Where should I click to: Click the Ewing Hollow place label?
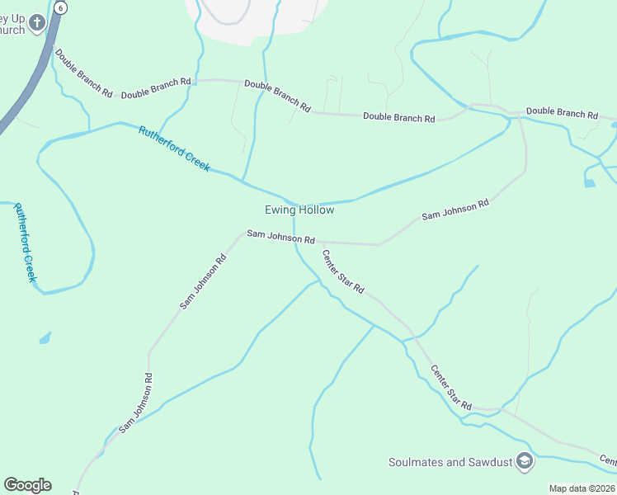click(x=299, y=210)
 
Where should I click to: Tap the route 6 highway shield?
click(x=60, y=7)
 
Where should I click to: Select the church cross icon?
click(x=36, y=24)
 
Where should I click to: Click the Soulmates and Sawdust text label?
click(x=451, y=462)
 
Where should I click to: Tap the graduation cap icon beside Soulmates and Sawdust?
click(x=524, y=462)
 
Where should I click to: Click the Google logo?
click(x=27, y=485)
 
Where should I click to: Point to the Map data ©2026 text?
click(x=582, y=488)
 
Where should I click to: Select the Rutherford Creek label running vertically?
click(x=25, y=243)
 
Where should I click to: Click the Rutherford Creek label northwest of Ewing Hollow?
click(x=174, y=148)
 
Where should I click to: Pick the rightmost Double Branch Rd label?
click(x=562, y=112)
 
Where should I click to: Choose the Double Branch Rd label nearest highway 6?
click(x=83, y=73)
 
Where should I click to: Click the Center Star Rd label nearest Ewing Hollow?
click(x=342, y=271)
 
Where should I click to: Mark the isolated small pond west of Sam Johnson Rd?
click(x=45, y=337)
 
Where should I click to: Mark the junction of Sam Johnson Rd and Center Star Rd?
click(x=318, y=243)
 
